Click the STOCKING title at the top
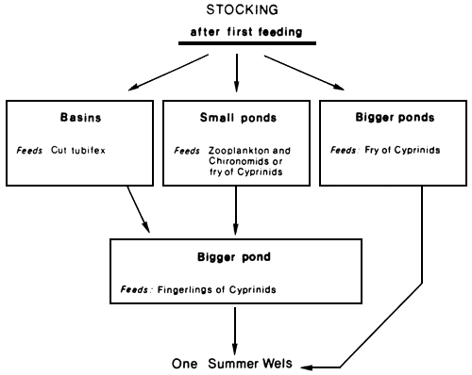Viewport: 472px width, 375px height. tap(235, 11)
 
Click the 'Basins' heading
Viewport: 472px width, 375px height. tap(79, 120)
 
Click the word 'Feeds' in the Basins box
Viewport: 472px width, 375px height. tap(29, 150)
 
